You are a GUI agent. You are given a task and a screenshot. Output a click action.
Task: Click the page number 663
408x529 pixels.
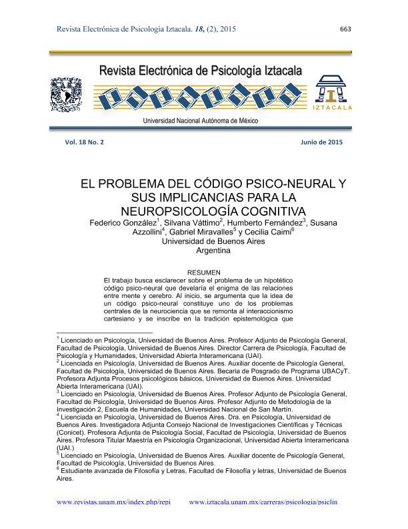coord(345,29)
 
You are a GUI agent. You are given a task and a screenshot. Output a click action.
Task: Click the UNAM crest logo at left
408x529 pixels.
coord(65,94)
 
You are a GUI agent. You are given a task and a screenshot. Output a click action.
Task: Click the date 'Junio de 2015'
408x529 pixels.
coord(322,142)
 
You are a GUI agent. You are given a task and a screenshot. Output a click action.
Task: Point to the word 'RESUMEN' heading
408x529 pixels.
coord(204,273)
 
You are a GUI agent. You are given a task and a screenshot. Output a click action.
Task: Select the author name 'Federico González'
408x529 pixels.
coord(121,222)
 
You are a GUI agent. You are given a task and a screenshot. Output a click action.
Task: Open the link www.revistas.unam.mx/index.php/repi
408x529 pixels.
coord(114,502)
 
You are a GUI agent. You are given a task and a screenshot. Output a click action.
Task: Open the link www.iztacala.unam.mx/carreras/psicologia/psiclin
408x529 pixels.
coord(264,502)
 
